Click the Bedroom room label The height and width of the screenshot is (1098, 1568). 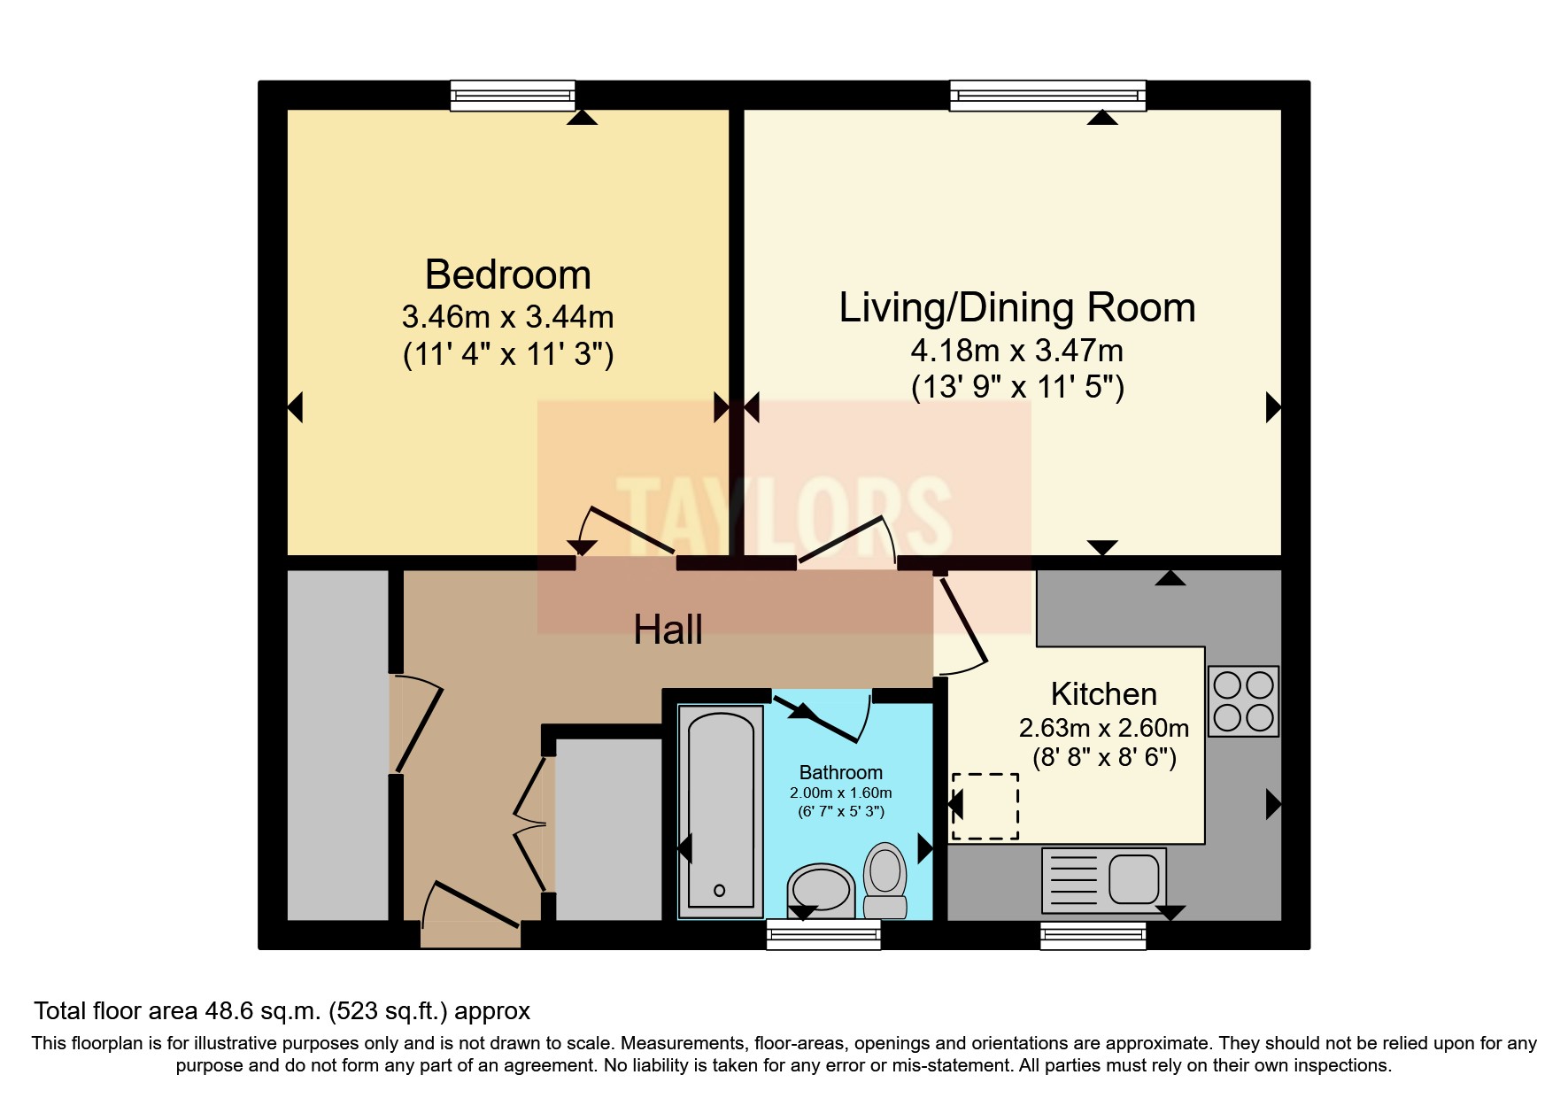tap(507, 274)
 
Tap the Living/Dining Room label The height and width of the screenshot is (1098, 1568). tap(1016, 307)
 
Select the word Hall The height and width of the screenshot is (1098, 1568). tap(668, 630)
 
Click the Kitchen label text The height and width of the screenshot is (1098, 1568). tap(1103, 693)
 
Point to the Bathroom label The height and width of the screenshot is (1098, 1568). tap(840, 772)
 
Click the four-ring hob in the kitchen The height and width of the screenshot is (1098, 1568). tap(1243, 701)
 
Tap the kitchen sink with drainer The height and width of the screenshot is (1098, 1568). tap(1104, 880)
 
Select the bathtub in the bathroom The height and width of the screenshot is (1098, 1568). tap(721, 810)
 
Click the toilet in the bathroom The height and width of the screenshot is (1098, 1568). tap(884, 879)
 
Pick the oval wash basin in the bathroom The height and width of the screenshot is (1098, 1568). tap(821, 889)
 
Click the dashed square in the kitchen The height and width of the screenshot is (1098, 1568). tap(985, 806)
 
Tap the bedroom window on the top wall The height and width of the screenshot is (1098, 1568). tap(512, 95)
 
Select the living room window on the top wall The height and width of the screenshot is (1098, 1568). tap(1047, 95)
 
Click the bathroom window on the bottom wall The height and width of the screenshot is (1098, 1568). tap(823, 934)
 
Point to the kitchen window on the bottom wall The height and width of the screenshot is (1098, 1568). tap(1093, 935)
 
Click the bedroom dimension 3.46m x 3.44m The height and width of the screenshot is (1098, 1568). tap(507, 316)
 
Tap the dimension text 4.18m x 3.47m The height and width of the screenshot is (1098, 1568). tap(1016, 351)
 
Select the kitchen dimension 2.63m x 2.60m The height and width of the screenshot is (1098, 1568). tap(1103, 728)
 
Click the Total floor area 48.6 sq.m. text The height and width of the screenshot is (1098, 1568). tap(282, 1011)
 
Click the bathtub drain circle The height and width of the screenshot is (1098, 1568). tap(719, 891)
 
